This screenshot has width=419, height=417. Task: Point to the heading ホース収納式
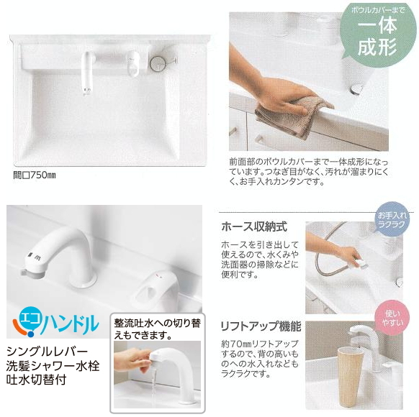253,226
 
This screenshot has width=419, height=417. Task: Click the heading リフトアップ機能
260,326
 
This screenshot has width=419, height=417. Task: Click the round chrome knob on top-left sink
157,63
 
